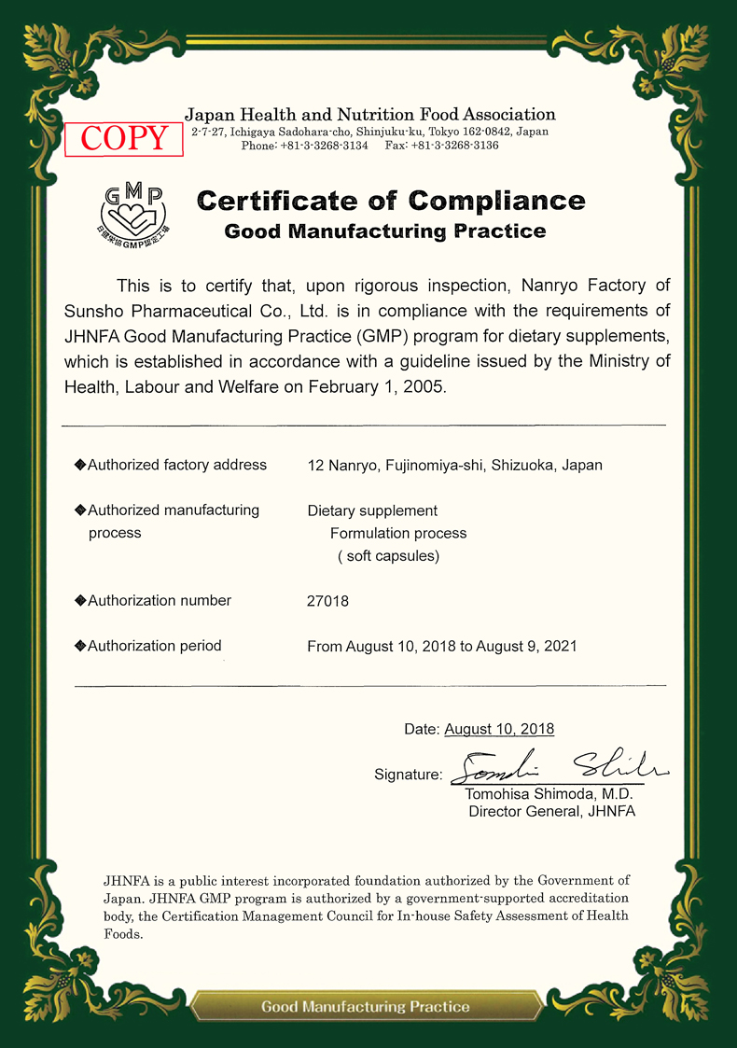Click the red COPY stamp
[123, 138]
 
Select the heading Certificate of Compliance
[391, 201]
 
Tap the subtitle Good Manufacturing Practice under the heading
[385, 231]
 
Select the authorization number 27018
[327, 602]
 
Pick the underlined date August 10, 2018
[499, 729]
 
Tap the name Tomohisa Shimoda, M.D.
[549, 794]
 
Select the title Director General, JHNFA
[551, 812]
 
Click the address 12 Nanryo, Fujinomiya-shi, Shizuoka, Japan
[454, 466]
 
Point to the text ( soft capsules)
[388, 556]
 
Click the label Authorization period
[155, 646]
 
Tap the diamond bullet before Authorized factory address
[80, 465]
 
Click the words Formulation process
[398, 534]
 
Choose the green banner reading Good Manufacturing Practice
[366, 1007]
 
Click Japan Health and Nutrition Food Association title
[369, 115]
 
